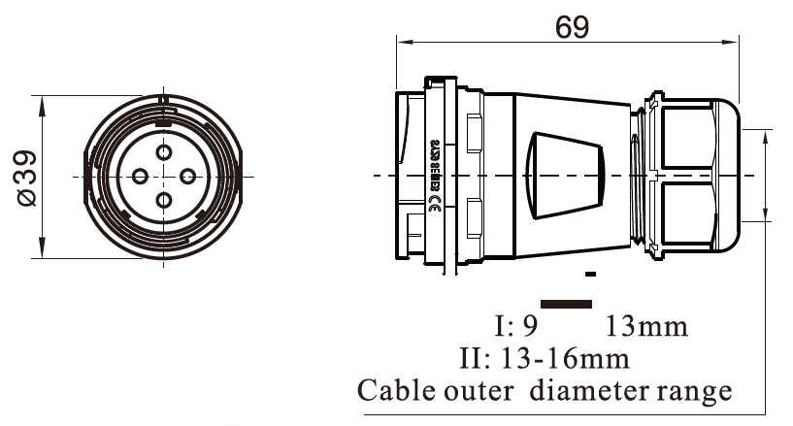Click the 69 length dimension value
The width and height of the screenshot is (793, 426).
tap(572, 26)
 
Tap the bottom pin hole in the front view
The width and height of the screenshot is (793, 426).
tap(164, 200)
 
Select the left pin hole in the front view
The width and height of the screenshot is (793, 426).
tap(140, 176)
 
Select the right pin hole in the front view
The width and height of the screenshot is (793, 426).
tap(188, 176)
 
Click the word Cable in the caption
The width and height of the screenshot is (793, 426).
tap(397, 391)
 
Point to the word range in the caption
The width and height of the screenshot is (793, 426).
tap(695, 393)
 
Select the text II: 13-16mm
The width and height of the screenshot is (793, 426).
tap(544, 358)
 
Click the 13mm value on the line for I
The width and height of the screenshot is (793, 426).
tap(647, 325)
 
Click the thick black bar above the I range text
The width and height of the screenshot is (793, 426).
tap(565, 303)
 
